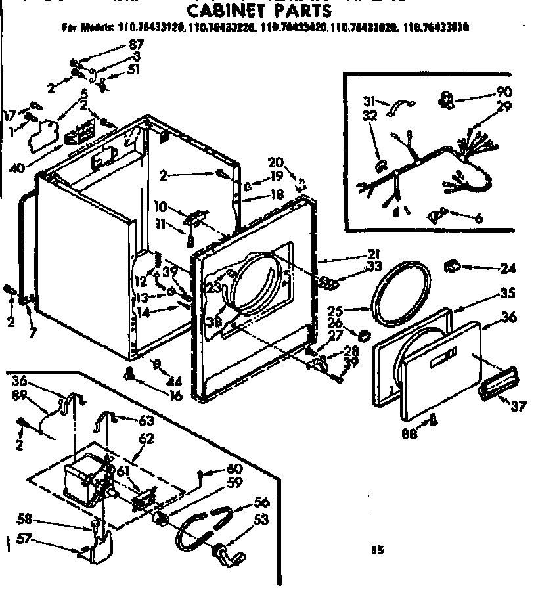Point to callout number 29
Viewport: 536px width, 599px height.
504,106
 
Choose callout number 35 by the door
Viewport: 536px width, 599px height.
506,293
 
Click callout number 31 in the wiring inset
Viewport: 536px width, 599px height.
369,100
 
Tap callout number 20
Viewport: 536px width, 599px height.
276,162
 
